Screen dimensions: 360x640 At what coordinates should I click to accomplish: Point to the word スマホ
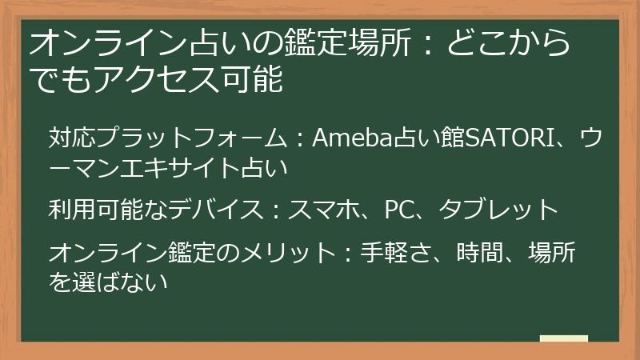pos(325,210)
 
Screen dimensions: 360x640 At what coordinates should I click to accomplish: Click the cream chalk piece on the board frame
pos(564,339)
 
